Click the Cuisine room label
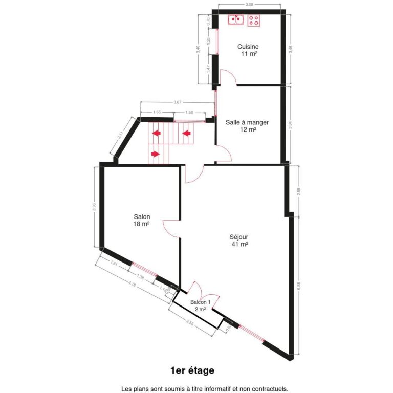point(248,47)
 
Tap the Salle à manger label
point(247,122)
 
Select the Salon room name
point(141,216)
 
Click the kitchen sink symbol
point(236,20)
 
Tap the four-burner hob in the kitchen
point(254,20)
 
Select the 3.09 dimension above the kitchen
point(250,5)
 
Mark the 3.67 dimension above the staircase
point(177,102)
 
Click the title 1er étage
point(192,370)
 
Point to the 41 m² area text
point(239,244)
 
